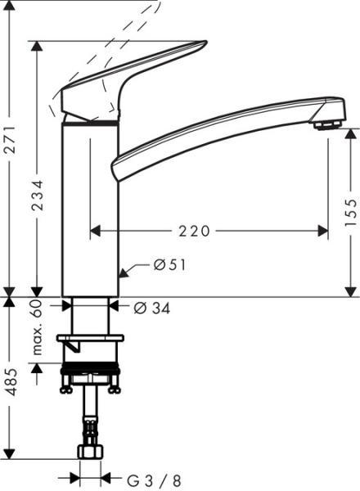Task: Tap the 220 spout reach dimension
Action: [x=194, y=232]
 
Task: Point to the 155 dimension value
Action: [x=351, y=212]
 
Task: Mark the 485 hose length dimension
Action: [x=9, y=380]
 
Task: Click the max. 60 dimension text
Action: [x=37, y=327]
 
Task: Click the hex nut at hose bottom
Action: [x=90, y=452]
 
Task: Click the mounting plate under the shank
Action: [x=90, y=337]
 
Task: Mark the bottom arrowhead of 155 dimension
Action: [x=351, y=291]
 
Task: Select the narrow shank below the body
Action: [x=90, y=315]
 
